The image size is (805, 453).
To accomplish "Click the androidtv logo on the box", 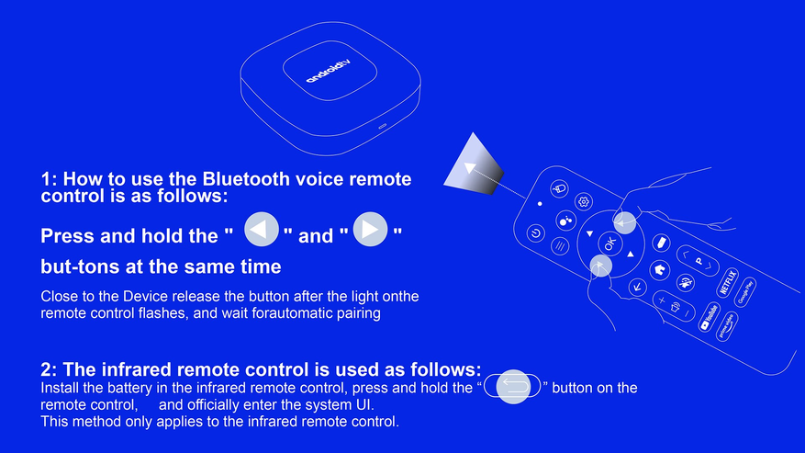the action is [x=330, y=71].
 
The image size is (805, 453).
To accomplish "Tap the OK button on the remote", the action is [x=609, y=243].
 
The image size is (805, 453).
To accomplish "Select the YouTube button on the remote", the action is [x=709, y=317].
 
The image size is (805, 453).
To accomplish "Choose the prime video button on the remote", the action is [x=726, y=326].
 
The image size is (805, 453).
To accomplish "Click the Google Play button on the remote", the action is [x=744, y=292].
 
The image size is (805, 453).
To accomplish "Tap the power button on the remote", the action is [x=535, y=233].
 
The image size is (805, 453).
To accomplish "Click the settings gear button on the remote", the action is [x=583, y=201].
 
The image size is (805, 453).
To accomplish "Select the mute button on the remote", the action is [x=686, y=282].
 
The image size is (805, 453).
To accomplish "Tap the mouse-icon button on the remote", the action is [x=559, y=188].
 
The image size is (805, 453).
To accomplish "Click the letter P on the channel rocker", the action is [x=699, y=261].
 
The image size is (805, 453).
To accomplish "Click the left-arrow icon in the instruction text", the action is [x=262, y=230].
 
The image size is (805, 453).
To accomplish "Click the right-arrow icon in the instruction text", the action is [x=370, y=230].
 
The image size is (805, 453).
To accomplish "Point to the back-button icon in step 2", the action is [x=513, y=386].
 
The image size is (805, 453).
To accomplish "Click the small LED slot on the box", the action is [x=383, y=126].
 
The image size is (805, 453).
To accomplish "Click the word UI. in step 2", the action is [x=365, y=404].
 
